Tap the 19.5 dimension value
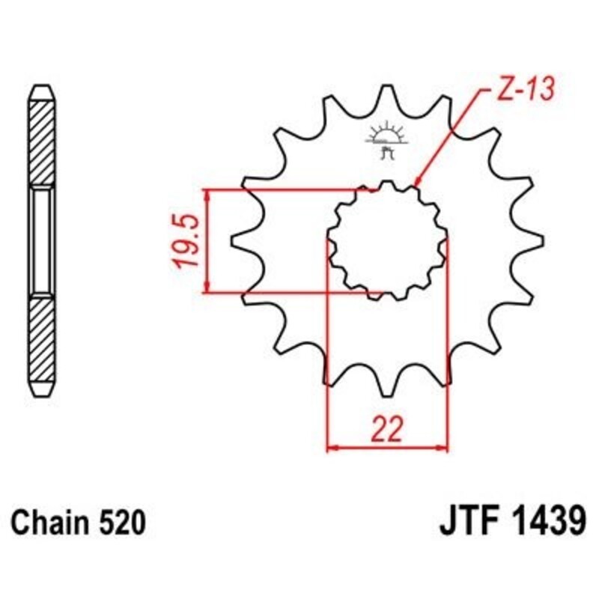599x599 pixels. click(x=184, y=241)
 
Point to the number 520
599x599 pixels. click(x=117, y=522)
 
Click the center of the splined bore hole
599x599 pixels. click(x=387, y=241)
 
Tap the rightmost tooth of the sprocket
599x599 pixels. click(x=535, y=241)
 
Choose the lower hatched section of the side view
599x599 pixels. click(x=42, y=341)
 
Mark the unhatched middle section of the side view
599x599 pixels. click(x=42, y=241)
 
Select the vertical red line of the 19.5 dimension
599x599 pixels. click(x=206, y=241)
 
